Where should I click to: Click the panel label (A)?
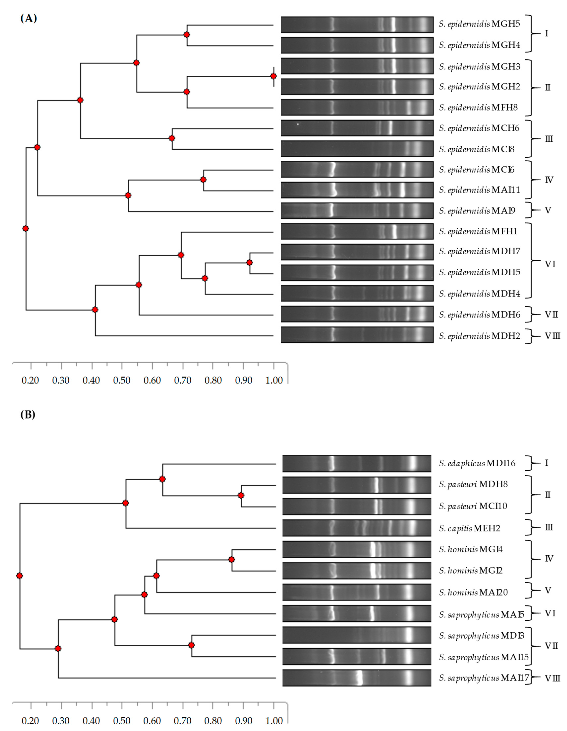point(28,18)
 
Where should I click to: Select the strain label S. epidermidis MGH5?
point(479,24)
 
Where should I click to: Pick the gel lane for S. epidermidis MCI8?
point(357,149)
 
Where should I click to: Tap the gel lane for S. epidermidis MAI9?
point(357,211)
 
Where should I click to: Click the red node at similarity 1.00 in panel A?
point(274,76)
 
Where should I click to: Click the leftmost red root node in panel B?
point(19,576)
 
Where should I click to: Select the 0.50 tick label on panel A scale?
point(122,380)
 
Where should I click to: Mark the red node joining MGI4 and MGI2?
point(231,559)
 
